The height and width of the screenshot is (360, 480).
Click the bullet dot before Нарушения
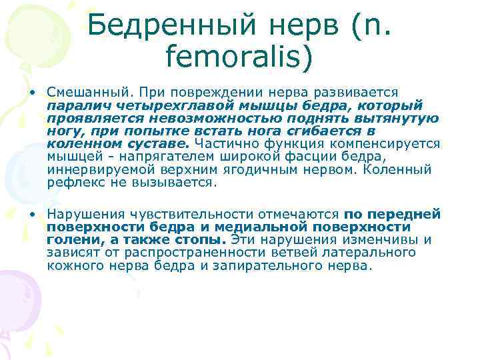coord(32,214)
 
